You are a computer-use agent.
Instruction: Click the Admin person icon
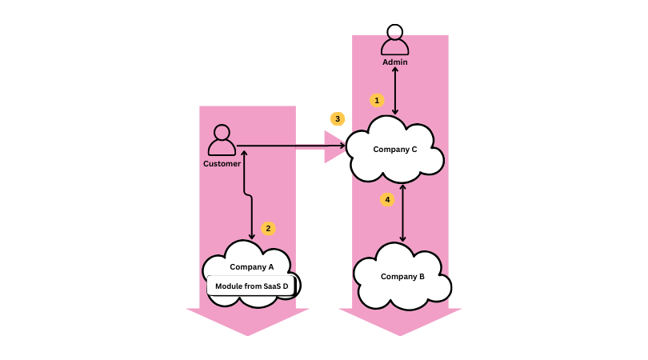point(394,41)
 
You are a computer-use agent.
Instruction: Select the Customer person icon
point(222,141)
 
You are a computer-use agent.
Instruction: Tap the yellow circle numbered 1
point(377,101)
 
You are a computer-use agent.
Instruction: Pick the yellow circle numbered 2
point(268,228)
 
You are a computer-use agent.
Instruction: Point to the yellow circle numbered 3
point(338,118)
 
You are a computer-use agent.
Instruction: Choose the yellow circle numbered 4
point(387,199)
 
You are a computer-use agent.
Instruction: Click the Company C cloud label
point(395,149)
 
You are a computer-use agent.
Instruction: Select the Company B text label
point(402,276)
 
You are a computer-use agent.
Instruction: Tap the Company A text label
point(252,267)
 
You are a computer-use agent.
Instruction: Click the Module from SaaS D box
point(252,286)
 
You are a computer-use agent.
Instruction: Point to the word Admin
point(394,62)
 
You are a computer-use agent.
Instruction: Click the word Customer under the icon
point(222,164)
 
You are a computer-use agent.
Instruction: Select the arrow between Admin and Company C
point(394,90)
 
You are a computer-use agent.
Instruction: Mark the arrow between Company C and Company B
point(402,213)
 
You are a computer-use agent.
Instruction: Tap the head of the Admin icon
point(394,32)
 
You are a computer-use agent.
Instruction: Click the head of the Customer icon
point(222,132)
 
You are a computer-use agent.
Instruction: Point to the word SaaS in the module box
point(272,286)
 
